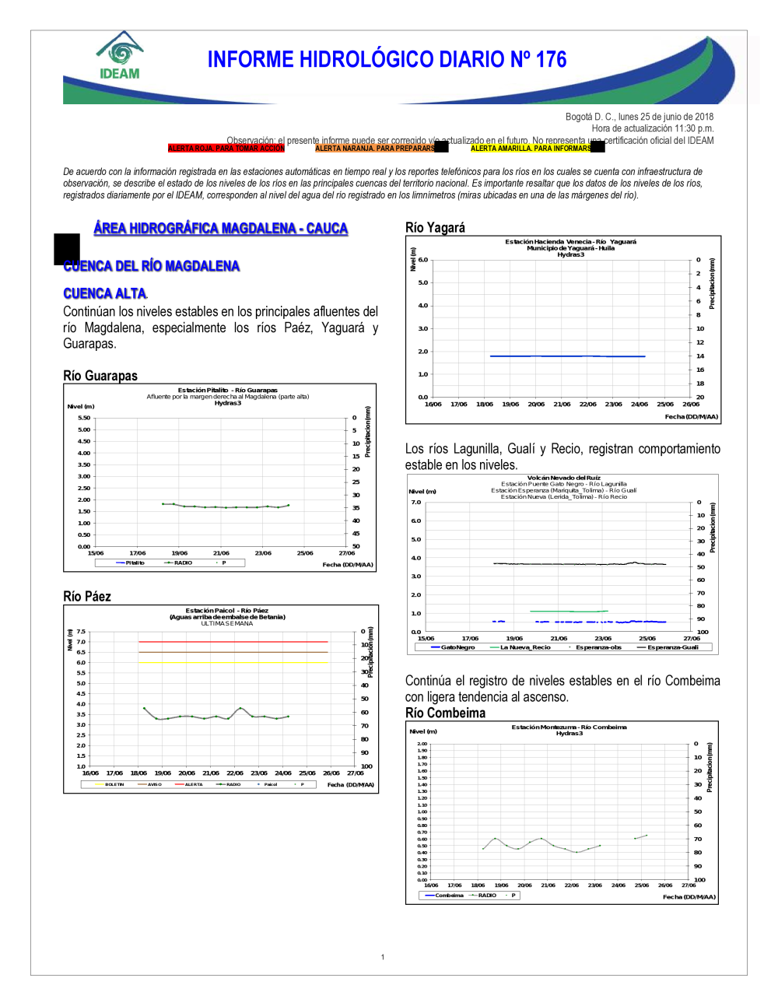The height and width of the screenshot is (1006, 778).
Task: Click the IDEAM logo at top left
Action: click(120, 56)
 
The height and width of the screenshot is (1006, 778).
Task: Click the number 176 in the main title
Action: click(551, 60)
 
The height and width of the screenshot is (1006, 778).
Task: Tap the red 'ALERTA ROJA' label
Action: click(226, 148)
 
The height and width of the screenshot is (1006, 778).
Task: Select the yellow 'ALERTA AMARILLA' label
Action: click(531, 148)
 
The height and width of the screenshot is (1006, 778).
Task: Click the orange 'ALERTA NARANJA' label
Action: click(375, 148)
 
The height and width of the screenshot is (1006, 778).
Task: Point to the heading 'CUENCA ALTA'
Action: click(105, 293)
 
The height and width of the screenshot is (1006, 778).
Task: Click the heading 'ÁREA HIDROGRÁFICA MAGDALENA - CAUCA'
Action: click(220, 228)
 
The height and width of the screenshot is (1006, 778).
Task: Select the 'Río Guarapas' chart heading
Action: click(100, 376)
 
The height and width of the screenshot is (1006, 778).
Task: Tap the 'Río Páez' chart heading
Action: click(87, 597)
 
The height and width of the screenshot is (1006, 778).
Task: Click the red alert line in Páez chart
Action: click(233, 642)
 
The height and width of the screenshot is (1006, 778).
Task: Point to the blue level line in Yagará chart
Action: click(568, 356)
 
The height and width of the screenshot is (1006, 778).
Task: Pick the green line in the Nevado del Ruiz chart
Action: click(568, 612)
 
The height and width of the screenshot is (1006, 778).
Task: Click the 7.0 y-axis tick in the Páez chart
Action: click(81, 642)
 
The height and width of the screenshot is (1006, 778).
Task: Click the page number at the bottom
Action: click(383, 957)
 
